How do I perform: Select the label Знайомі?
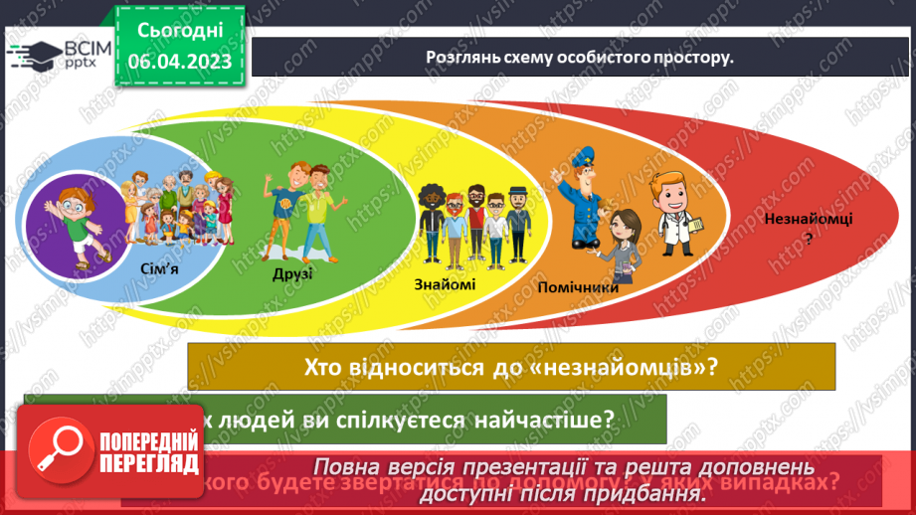click(x=446, y=284)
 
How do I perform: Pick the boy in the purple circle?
click(x=70, y=218)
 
